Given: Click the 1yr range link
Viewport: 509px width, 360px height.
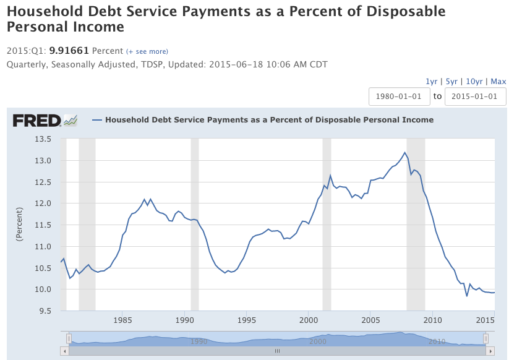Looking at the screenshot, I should point(431,82).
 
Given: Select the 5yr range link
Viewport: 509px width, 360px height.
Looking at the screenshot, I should point(451,82).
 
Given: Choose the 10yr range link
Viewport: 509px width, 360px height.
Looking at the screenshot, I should point(474,82).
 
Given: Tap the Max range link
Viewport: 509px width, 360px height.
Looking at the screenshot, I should point(498,82).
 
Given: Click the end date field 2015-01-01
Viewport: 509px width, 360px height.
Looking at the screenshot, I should point(475,96).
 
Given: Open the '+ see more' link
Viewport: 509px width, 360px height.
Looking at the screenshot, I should point(147,51).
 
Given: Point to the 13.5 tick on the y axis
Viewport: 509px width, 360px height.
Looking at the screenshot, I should point(43,139).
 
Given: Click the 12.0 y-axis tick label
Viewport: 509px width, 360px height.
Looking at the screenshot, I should point(43,204).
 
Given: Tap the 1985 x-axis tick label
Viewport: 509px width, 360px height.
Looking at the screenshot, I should point(122,320).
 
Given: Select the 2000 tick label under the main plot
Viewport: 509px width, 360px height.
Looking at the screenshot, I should point(309,320).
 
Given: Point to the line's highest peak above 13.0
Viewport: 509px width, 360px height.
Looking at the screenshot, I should point(405,153).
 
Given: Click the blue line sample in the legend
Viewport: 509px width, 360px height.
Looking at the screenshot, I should point(96,120).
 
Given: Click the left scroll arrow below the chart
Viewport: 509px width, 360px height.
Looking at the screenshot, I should point(64,351).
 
